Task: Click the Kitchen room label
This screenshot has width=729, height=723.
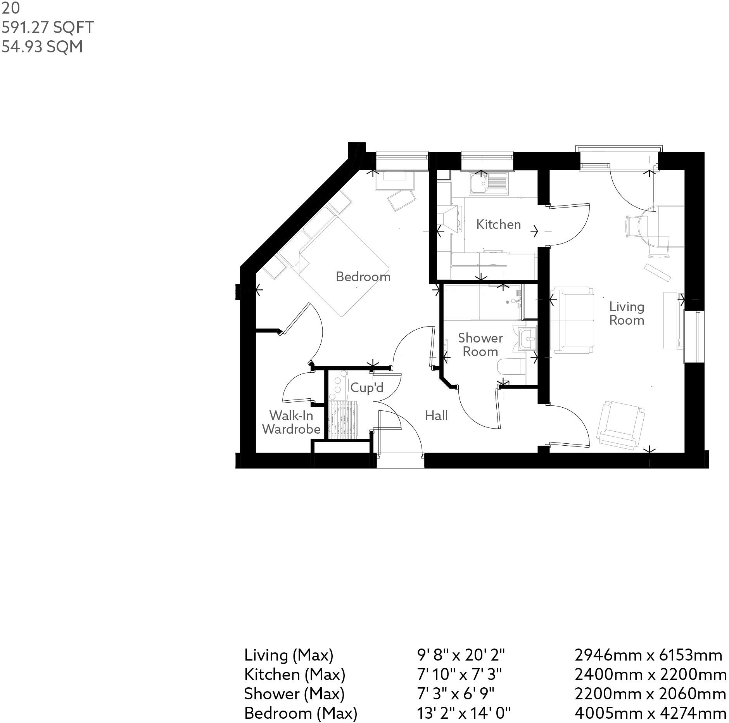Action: [x=498, y=224]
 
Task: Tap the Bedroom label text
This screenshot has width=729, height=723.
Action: [x=363, y=277]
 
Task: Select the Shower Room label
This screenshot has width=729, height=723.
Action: [x=480, y=344]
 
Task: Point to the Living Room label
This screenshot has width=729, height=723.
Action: [x=626, y=313]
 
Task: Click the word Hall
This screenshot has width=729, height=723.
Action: [x=436, y=415]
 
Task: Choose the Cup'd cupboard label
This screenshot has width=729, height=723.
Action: [x=366, y=387]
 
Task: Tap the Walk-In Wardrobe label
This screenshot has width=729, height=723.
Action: [x=291, y=422]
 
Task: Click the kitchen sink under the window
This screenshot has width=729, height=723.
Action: [x=488, y=184]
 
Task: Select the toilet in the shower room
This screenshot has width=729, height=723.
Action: [x=510, y=367]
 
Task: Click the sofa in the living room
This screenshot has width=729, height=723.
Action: [x=572, y=320]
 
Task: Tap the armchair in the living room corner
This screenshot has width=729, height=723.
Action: [x=620, y=425]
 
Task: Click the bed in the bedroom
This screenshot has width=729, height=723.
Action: [x=341, y=268]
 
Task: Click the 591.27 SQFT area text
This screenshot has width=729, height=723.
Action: [x=48, y=28]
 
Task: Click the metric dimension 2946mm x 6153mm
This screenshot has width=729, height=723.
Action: [x=648, y=655]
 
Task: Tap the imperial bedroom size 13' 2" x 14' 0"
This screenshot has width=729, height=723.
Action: [x=463, y=713]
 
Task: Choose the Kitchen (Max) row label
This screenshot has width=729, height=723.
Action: [x=295, y=674]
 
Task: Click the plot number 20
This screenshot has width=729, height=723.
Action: [x=10, y=8]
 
